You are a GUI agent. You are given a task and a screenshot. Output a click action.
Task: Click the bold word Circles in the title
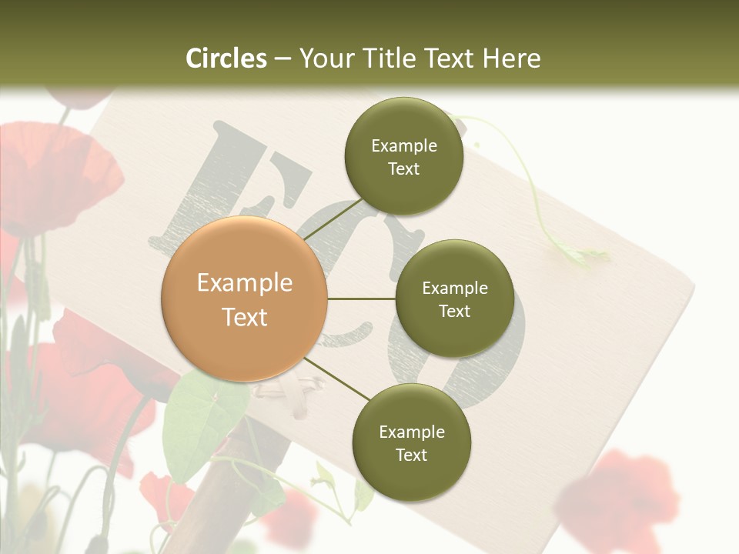[226, 58]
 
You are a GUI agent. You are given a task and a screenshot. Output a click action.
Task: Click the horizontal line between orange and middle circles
[361, 299]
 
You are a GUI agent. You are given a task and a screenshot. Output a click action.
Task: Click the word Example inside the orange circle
[244, 283]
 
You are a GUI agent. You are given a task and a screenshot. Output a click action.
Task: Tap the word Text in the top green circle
[403, 169]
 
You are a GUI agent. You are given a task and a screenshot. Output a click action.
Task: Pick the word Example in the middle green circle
[454, 289]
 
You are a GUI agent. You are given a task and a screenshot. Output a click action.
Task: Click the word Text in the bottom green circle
[411, 456]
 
